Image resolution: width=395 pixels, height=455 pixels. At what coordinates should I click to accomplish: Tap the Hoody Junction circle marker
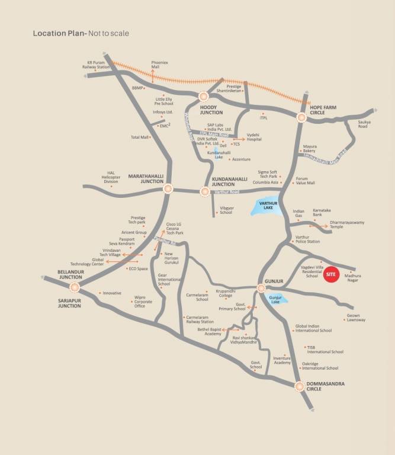point(204,96)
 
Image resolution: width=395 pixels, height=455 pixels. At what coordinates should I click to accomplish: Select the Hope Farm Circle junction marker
point(301,118)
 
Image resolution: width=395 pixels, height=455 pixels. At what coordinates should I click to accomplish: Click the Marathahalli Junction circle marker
point(168,188)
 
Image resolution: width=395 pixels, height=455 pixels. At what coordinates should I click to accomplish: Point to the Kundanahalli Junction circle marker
point(204,191)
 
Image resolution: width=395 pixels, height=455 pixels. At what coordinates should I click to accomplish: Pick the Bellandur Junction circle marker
point(75,287)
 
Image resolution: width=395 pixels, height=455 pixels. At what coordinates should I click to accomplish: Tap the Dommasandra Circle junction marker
point(299,386)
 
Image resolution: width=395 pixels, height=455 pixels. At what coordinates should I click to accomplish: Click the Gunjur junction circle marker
point(261,288)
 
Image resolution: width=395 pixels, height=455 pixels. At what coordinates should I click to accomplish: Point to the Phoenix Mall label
point(159,65)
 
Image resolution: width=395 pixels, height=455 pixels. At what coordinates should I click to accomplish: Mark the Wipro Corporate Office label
point(140,303)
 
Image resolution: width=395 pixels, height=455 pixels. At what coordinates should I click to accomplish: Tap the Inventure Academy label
point(282,360)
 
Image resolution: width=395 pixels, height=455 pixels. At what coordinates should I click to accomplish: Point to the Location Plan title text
point(81,33)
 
